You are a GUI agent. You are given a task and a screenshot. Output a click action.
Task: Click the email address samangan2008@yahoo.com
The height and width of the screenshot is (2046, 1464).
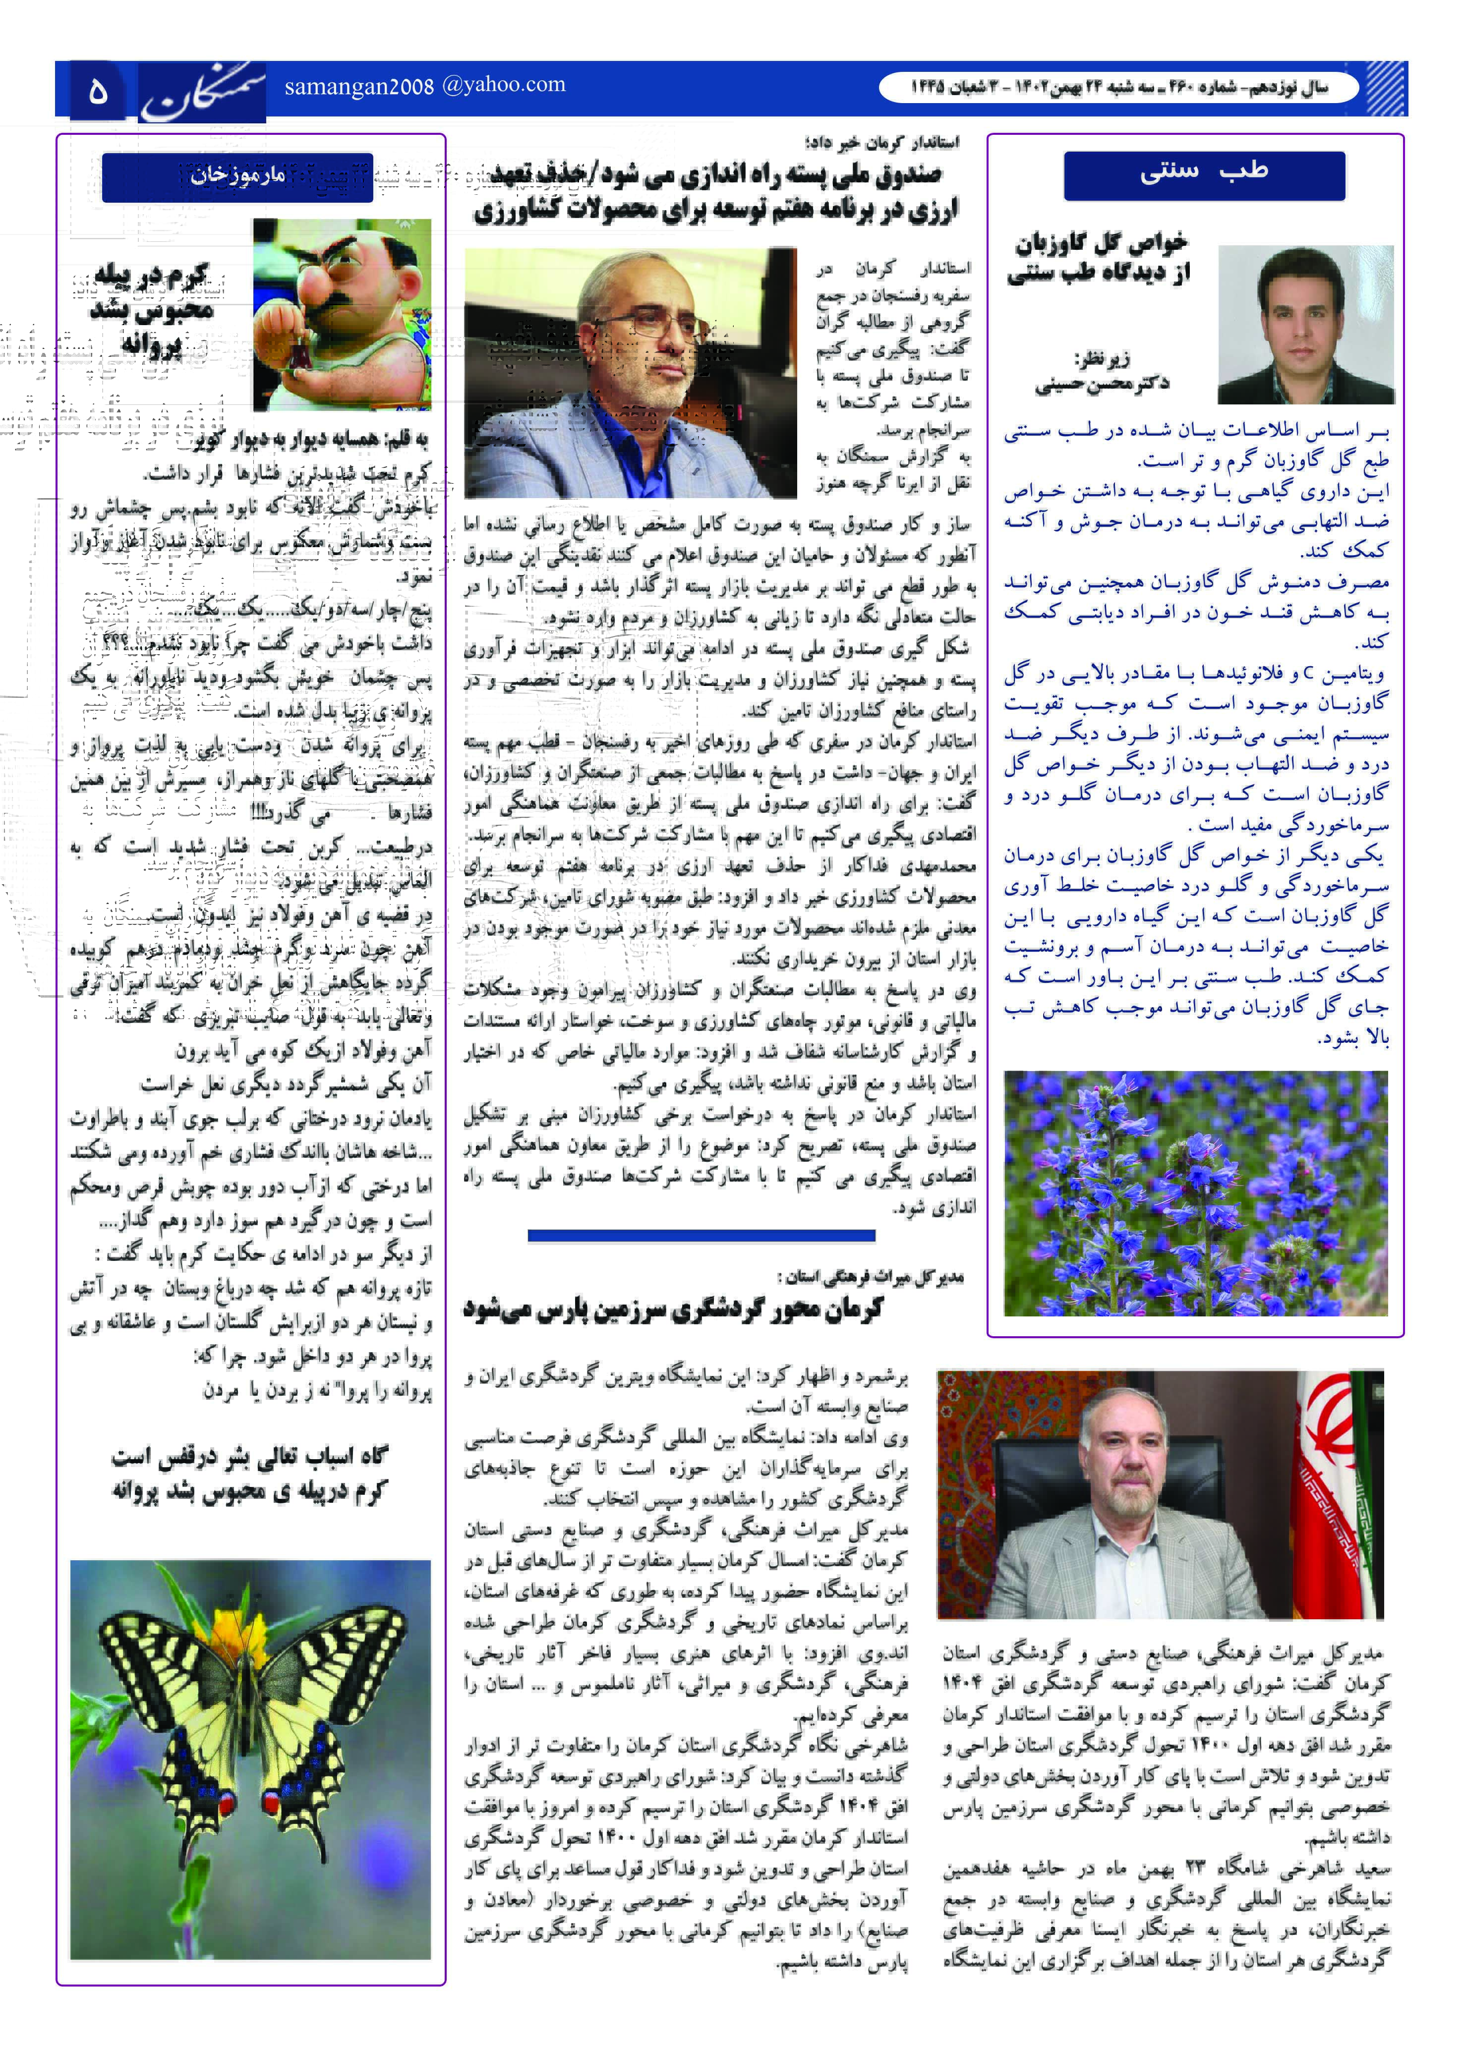click(424, 86)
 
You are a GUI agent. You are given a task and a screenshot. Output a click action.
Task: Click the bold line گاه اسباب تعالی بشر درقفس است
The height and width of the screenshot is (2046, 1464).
click(250, 1457)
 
